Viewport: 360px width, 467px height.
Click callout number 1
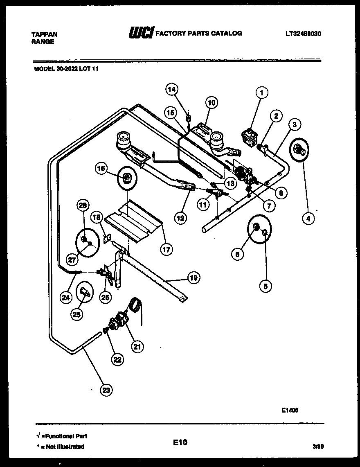click(262, 92)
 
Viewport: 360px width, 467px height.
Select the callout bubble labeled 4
click(308, 219)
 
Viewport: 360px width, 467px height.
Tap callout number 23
click(106, 390)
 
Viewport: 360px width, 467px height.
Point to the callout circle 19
click(193, 277)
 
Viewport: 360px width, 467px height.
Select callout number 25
click(77, 314)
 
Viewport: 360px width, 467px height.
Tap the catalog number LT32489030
click(303, 34)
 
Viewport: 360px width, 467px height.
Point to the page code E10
click(180, 442)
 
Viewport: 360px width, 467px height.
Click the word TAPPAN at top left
click(44, 34)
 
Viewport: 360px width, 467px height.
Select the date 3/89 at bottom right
click(317, 447)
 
